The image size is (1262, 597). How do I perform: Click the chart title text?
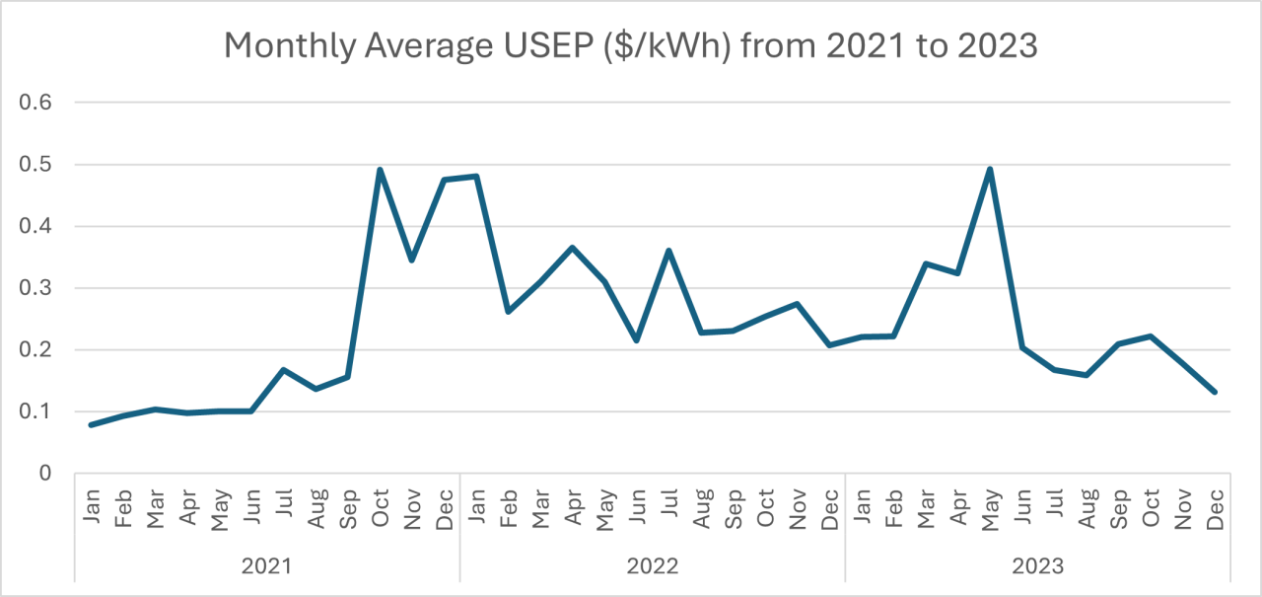(631, 44)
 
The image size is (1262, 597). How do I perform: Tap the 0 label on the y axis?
(45, 474)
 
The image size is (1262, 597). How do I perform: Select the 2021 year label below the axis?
(267, 565)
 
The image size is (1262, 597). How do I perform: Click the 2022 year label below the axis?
(652, 565)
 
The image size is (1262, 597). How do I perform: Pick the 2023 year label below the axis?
(1037, 565)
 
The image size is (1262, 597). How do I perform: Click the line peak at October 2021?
(380, 170)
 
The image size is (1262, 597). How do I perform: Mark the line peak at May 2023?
(989, 169)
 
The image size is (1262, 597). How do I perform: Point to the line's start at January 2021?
(91, 424)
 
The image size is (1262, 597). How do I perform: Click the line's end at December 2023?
(1215, 392)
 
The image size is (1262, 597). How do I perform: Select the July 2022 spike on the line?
(668, 251)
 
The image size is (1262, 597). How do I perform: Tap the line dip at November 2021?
(411, 260)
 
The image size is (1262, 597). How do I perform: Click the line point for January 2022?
(476, 177)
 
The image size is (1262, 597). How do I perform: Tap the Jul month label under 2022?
(668, 509)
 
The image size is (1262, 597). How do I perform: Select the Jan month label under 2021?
(92, 509)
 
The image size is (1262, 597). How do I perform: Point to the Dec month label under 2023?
(1214, 508)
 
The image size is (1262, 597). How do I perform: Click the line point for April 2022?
(572, 248)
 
